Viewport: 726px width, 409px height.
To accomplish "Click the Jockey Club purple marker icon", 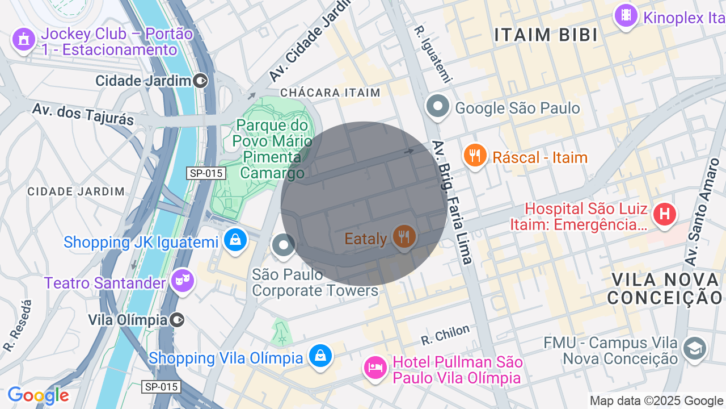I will coord(23,39).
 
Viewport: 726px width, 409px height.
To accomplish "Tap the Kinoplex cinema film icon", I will coord(626,15).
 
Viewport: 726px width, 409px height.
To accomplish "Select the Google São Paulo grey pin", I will coord(438,106).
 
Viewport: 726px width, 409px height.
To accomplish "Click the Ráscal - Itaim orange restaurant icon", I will coord(475,155).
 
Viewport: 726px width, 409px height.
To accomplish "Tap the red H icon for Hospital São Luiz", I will coord(665,214).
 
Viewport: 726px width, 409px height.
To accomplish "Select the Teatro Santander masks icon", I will coord(183,281).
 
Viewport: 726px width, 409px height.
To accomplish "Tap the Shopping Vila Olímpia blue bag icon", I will coord(320,356).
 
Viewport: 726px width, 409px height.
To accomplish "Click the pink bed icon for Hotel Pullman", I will coord(375,368).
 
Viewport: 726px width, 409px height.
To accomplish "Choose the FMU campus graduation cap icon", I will coord(695,348).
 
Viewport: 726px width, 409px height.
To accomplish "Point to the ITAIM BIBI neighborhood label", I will coord(546,35).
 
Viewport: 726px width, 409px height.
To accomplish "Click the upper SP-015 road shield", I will coord(206,173).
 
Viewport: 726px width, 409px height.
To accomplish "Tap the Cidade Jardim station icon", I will coord(200,81).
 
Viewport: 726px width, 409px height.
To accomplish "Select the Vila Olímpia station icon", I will coord(178,320).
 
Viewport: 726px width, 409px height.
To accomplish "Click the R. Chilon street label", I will coord(445,335).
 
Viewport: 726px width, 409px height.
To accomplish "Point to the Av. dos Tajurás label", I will coord(83,114).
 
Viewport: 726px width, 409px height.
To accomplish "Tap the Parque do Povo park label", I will coord(273,148).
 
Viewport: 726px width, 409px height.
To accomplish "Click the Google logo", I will coord(38,396).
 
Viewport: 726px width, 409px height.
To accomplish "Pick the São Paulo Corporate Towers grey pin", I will coord(284,245).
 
